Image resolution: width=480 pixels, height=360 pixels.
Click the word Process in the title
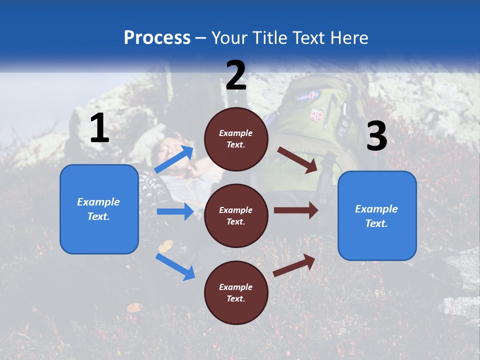(157, 38)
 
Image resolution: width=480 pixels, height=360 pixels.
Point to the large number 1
(99, 129)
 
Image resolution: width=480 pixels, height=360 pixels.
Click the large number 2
(236, 75)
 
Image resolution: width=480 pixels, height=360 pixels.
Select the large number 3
(376, 136)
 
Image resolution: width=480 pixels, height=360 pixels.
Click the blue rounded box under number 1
(99, 209)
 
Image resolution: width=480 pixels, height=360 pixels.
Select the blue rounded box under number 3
(377, 215)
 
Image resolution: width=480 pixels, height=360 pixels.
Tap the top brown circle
(236, 139)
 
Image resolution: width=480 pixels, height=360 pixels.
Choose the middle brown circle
(236, 215)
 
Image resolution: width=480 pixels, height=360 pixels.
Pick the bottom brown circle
(236, 292)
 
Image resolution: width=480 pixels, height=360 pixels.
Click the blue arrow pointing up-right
(174, 159)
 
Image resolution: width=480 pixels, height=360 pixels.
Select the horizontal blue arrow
(175, 211)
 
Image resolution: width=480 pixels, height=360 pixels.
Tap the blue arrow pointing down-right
(175, 266)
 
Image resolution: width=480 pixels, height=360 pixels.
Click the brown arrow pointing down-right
(298, 159)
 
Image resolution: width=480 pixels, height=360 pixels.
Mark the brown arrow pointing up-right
(294, 265)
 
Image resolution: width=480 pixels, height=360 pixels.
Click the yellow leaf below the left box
(165, 245)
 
